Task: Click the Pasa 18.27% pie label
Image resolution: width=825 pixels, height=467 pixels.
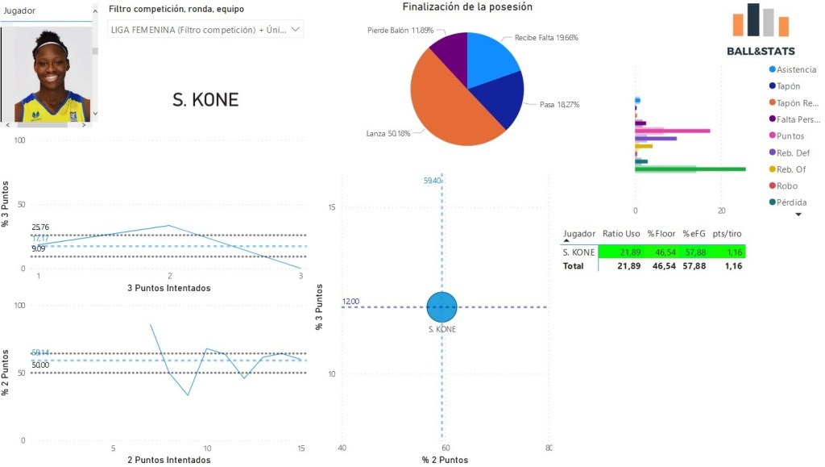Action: [559, 105]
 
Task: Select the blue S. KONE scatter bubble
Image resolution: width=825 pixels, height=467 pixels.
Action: [442, 307]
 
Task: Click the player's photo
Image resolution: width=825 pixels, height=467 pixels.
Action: [50, 75]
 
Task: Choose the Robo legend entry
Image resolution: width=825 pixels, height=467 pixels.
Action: [787, 186]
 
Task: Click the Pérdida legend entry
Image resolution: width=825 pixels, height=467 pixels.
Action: [791, 202]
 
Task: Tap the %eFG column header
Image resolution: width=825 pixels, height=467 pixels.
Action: [694, 233]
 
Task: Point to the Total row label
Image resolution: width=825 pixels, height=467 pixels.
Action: [573, 265]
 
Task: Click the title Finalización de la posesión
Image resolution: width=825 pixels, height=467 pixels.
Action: [467, 7]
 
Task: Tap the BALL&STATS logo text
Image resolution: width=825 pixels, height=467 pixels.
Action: [761, 52]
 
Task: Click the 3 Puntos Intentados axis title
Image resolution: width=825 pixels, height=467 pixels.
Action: [168, 287]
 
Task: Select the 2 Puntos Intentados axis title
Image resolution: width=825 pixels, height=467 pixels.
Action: [168, 460]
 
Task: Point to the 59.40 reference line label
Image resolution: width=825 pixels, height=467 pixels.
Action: [433, 181]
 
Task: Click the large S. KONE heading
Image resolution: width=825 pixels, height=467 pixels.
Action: [205, 100]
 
